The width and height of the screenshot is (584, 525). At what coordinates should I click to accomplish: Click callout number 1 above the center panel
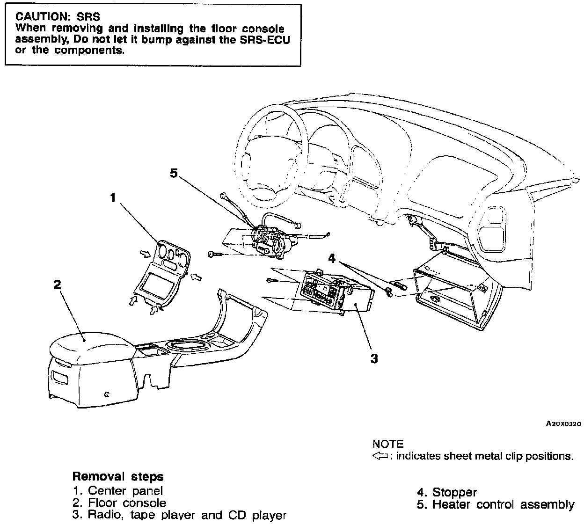point(112,198)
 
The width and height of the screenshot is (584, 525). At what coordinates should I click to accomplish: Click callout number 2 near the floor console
point(57,284)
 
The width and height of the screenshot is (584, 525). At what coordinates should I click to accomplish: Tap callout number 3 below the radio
point(374,359)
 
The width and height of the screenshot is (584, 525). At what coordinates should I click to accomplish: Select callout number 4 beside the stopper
point(332,257)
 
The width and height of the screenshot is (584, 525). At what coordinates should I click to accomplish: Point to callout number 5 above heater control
point(174,174)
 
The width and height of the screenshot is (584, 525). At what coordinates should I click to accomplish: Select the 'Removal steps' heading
point(118,477)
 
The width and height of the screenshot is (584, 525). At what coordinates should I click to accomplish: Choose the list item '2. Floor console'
point(120,503)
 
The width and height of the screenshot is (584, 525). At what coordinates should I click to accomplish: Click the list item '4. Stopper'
point(447,492)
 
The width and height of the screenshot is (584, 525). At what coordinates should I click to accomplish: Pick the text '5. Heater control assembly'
point(496,504)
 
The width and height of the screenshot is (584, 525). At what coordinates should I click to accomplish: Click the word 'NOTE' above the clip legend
point(387,444)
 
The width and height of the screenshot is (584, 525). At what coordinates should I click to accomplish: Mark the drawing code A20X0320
point(563,424)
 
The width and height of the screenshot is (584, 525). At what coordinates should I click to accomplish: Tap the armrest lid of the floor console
point(89,349)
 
